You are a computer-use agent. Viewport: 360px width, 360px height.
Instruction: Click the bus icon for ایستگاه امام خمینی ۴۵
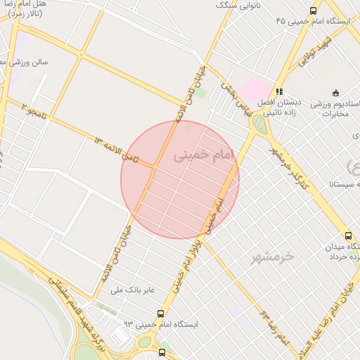314,9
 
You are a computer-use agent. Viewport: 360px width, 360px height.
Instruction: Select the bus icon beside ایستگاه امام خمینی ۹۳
161,314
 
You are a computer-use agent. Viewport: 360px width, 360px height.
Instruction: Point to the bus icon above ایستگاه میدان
349,236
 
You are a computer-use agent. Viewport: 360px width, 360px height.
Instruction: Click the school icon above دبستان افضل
280,91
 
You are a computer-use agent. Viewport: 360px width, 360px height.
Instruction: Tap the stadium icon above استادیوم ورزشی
335,92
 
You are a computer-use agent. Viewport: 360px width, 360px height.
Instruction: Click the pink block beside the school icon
257,88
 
